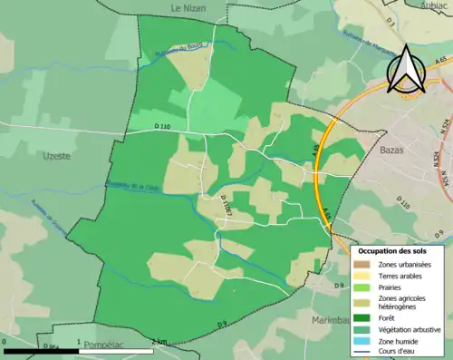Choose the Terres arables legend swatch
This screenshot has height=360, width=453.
(x=362, y=275)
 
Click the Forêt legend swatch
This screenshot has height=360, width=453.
(x=362, y=317)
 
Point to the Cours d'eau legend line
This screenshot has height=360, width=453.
(x=362, y=350)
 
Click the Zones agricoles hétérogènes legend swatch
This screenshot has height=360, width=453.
(x=362, y=302)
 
